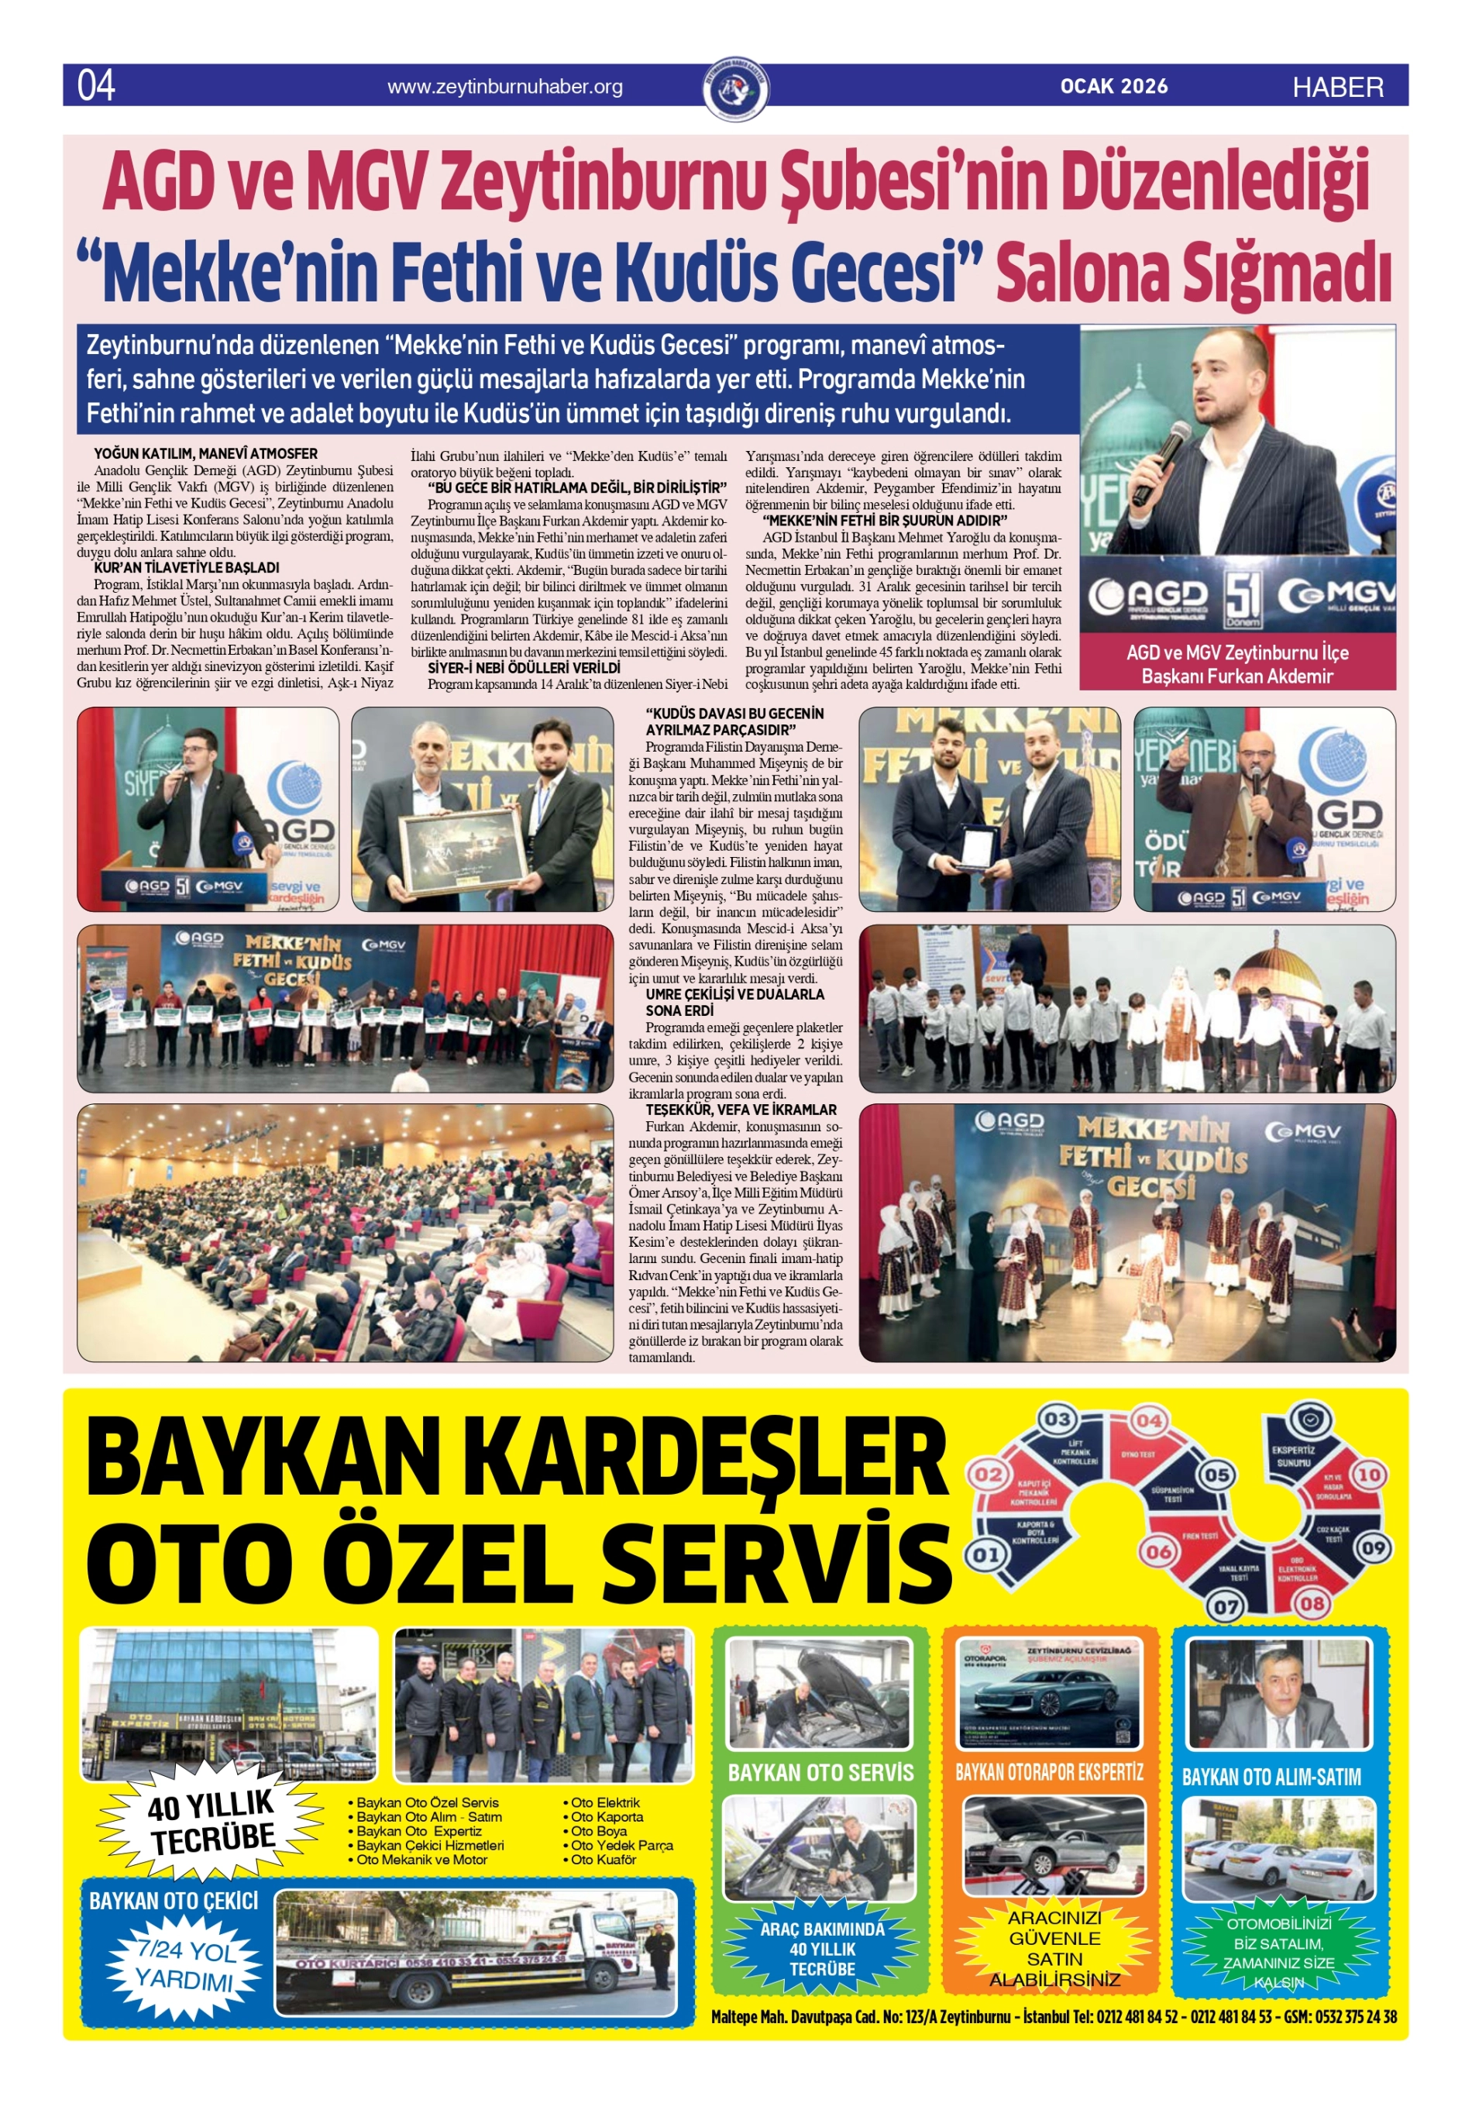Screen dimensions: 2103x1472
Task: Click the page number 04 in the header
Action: [x=96, y=85]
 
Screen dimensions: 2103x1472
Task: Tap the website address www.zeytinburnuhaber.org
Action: [x=504, y=87]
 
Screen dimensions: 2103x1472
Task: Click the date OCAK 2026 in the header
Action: [x=1114, y=86]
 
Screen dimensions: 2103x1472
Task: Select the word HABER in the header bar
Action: [x=1337, y=87]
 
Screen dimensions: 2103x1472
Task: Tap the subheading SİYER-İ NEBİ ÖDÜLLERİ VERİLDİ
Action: [x=524, y=669]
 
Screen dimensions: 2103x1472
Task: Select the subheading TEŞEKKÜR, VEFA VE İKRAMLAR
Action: [x=741, y=1109]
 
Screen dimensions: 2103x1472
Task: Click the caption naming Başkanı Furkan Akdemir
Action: [x=1236, y=676]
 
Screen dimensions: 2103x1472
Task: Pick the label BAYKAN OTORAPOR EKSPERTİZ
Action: [x=1049, y=1772]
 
